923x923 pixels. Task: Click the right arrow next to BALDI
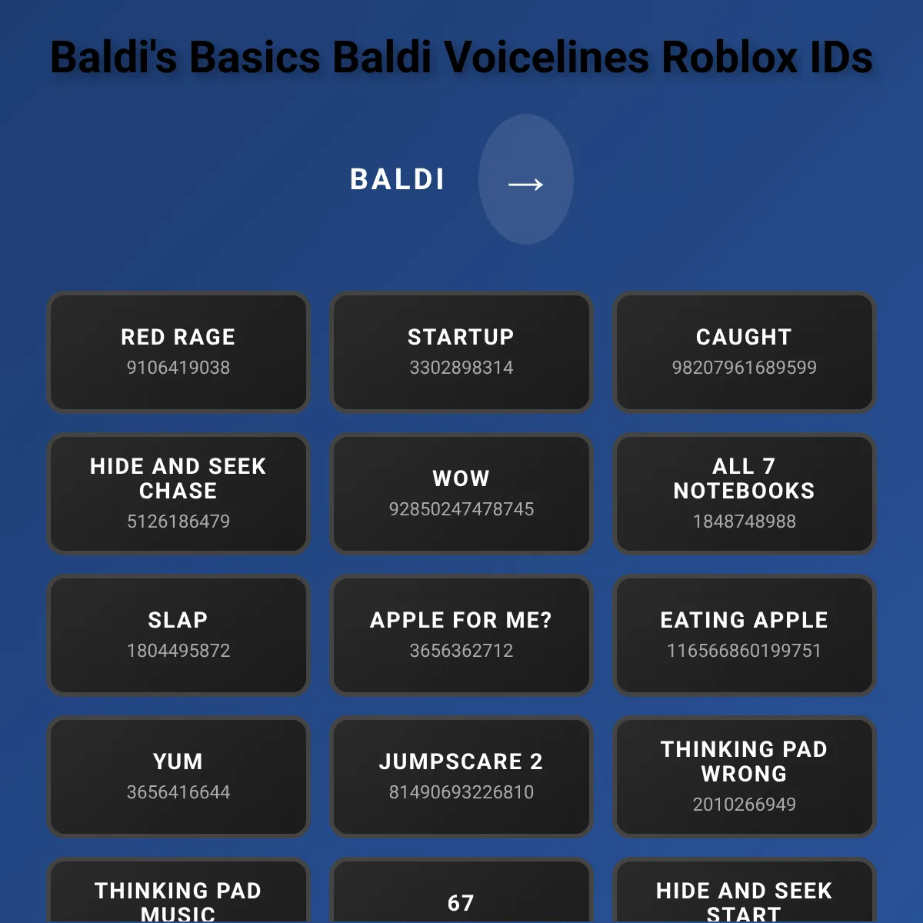525,185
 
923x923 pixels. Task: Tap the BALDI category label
398,180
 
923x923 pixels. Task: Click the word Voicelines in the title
547,57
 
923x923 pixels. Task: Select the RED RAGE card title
178,337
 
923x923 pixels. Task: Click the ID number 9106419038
178,368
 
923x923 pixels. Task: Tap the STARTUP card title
461,337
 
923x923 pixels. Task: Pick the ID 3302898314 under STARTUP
461,368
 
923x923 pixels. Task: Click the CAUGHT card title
744,337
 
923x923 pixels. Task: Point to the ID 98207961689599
744,368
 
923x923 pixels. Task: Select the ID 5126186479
178,521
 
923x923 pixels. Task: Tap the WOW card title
461,478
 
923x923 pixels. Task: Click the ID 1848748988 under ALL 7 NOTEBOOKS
745,521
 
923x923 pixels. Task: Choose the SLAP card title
178,620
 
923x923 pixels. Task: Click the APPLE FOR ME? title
461,620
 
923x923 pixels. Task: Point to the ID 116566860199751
744,651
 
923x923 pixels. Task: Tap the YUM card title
178,761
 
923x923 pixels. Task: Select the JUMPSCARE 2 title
461,761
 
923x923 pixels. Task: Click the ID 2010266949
745,805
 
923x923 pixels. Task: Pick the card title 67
461,903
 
